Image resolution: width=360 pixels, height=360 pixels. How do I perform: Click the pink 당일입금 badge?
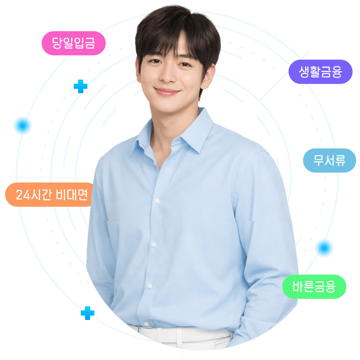tap(73, 43)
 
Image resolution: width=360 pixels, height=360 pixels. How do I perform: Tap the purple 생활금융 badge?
tap(320, 72)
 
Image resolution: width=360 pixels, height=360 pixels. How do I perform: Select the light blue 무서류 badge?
tap(329, 161)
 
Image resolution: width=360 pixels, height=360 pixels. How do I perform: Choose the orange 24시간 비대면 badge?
tap(49, 194)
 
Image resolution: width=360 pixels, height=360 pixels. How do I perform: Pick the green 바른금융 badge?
tap(314, 287)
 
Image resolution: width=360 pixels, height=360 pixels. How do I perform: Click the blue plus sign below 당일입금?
tap(81, 86)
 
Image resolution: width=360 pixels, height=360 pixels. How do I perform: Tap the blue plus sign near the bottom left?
tap(87, 313)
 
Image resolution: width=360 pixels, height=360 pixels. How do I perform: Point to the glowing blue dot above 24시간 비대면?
tap(22, 126)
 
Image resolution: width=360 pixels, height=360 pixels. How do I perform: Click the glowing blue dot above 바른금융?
tap(324, 248)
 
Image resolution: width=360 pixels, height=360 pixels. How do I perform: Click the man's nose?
tap(167, 76)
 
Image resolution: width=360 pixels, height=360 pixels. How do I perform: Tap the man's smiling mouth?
tap(166, 92)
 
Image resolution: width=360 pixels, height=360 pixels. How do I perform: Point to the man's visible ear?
tap(208, 77)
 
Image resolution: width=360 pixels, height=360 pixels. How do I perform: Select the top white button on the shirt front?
tap(157, 201)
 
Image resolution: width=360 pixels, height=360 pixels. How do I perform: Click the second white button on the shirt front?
tap(153, 244)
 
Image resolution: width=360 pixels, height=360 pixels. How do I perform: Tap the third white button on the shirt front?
tap(150, 286)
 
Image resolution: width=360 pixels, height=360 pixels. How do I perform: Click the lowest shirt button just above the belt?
tap(146, 324)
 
